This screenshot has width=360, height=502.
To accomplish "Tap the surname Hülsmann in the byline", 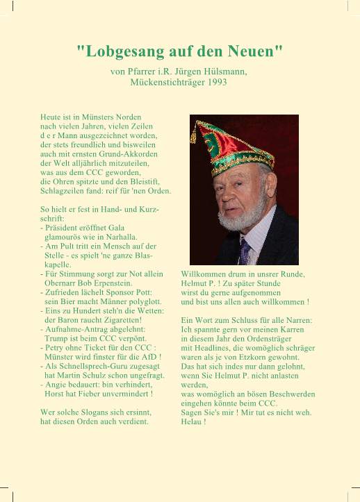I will point(222,71).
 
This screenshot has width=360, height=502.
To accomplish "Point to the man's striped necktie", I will point(244,251).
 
